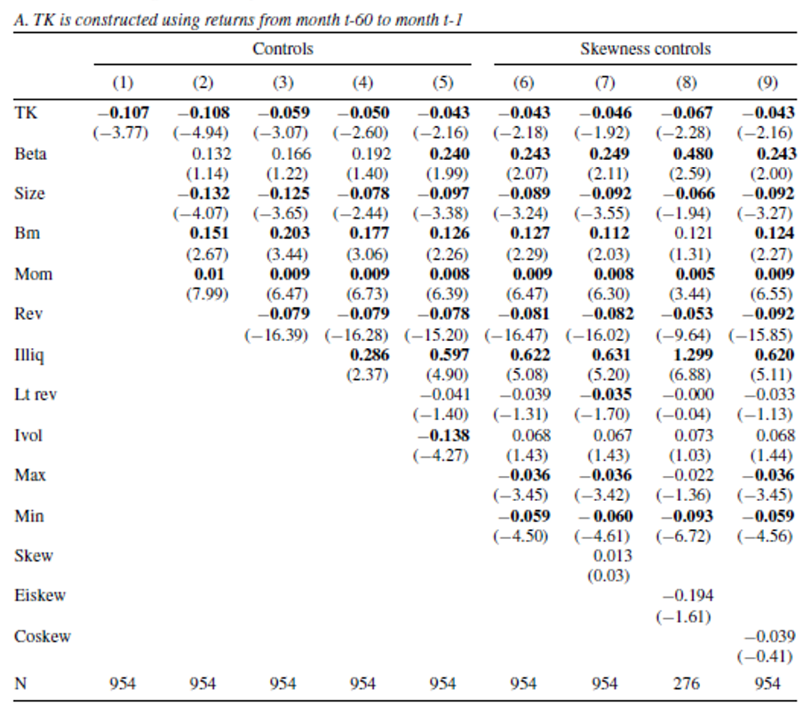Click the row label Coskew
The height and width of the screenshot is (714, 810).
43,636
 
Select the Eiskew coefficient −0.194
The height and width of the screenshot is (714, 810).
687,596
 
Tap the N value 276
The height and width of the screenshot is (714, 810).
687,684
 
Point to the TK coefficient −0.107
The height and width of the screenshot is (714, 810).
123,113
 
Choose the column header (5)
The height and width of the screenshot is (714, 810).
442,83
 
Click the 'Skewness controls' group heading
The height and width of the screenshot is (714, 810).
646,50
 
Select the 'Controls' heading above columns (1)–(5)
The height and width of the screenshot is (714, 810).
282,50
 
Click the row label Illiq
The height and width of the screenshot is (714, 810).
29,355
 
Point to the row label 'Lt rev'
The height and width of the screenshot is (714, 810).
36,395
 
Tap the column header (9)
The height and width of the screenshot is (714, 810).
767,83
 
